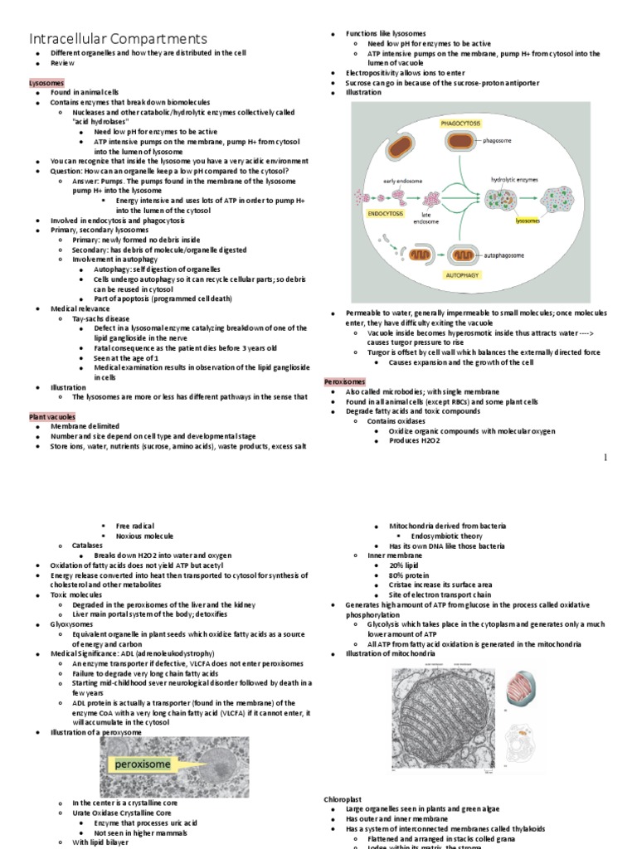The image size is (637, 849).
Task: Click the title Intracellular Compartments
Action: coord(119,39)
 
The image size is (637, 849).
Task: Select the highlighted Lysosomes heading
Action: coord(47,85)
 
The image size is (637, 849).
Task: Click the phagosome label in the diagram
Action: coord(498,141)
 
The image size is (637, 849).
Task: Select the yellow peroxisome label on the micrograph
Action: coord(143,764)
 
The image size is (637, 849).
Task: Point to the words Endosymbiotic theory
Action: coord(459,536)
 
